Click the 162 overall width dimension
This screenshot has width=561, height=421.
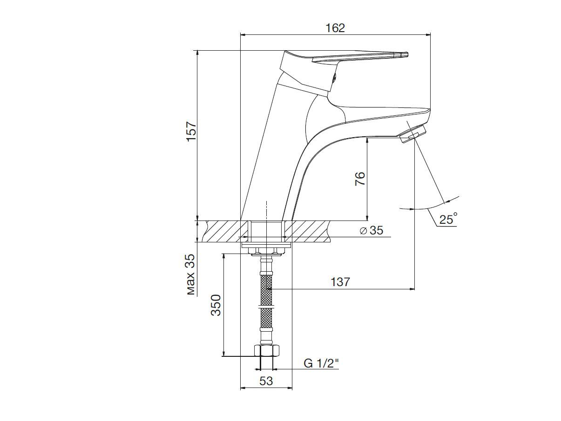[x=335, y=28]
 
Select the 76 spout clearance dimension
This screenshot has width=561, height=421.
[x=360, y=179]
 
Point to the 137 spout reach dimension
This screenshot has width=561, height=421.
[x=340, y=282]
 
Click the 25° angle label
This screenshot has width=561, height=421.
[x=448, y=219]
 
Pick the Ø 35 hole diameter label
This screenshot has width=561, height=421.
[x=372, y=230]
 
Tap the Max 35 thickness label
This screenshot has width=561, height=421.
[x=191, y=274]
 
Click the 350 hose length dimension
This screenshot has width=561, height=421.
[x=216, y=305]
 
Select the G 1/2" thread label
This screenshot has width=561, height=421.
[x=321, y=363]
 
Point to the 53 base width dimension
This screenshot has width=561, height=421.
[x=266, y=381]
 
